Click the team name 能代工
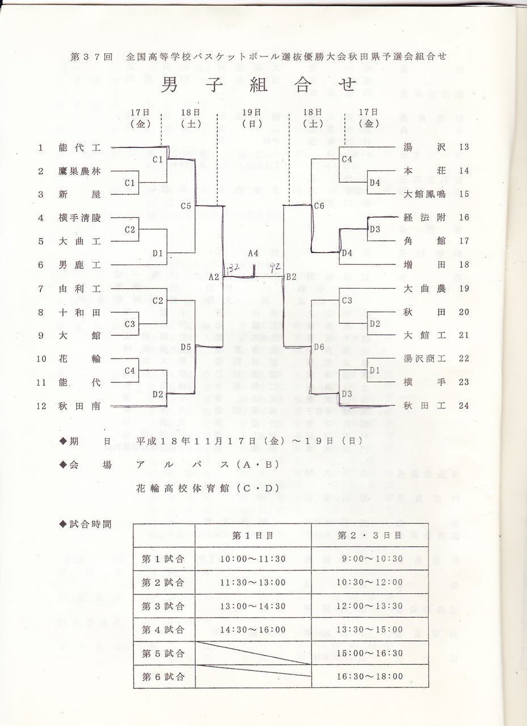(x=79, y=148)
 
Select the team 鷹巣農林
(x=79, y=171)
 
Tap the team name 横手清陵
(x=79, y=218)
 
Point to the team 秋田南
(x=79, y=406)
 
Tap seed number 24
(x=463, y=406)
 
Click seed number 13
(x=463, y=147)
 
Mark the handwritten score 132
(x=233, y=268)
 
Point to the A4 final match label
(x=253, y=254)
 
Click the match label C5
(x=186, y=206)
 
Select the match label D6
(x=319, y=347)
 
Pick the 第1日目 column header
(x=253, y=535)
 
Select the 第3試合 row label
(x=163, y=606)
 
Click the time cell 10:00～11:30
(x=253, y=559)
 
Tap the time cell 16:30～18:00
(x=369, y=676)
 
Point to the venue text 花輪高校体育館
(x=180, y=487)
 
